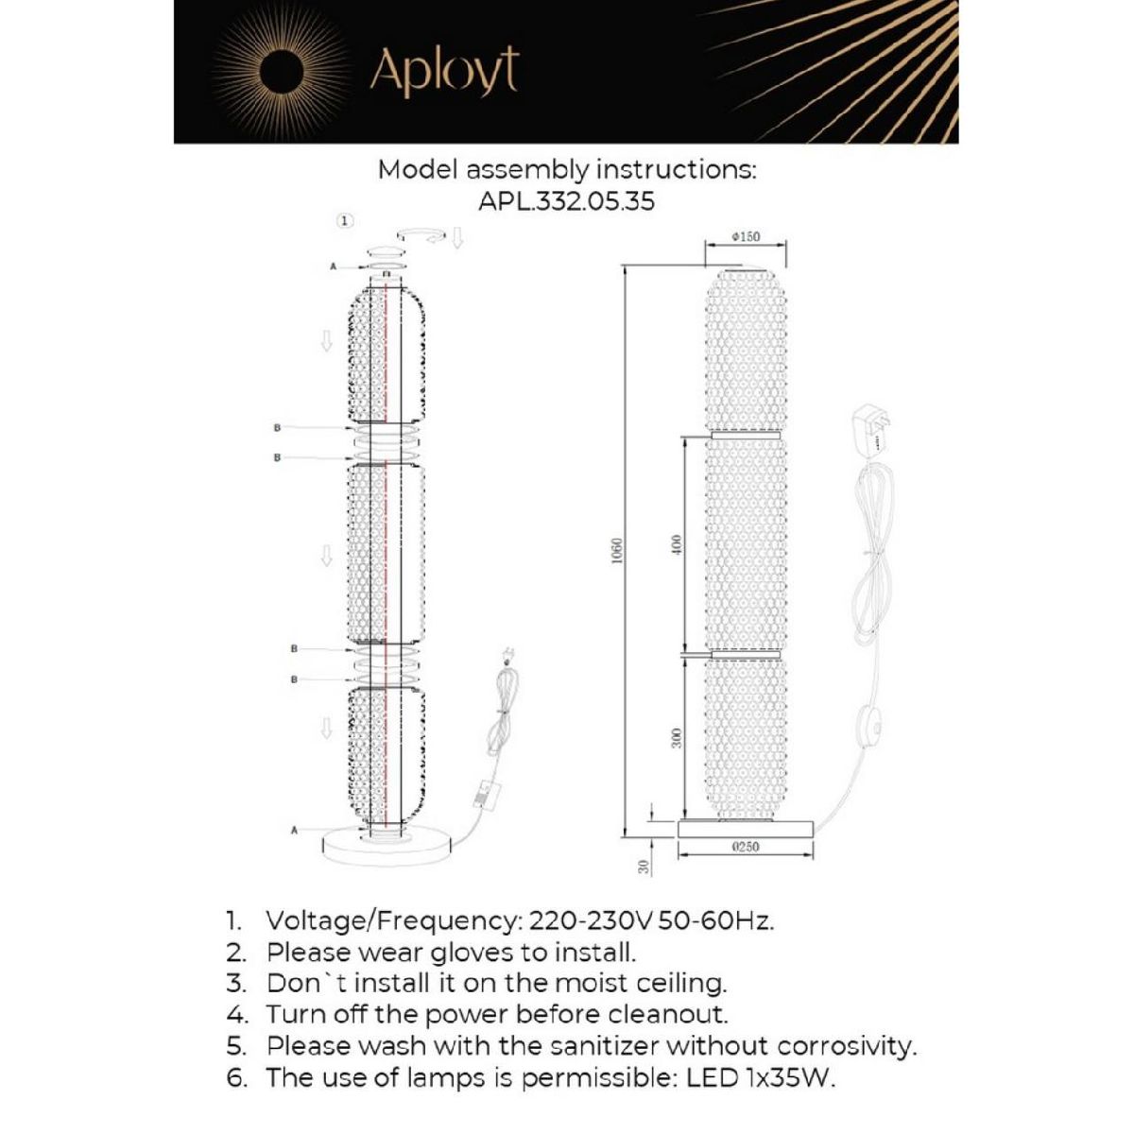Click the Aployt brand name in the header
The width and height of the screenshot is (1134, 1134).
pyautogui.click(x=444, y=72)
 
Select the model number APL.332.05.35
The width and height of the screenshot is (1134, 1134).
pyautogui.click(x=566, y=201)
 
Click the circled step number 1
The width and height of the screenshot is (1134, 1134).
pyautogui.click(x=346, y=220)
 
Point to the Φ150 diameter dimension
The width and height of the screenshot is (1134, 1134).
pyautogui.click(x=746, y=237)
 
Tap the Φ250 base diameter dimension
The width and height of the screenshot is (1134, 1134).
pyautogui.click(x=746, y=847)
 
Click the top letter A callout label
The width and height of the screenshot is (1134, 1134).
pyautogui.click(x=333, y=267)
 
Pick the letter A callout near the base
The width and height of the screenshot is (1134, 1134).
pyautogui.click(x=295, y=830)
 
